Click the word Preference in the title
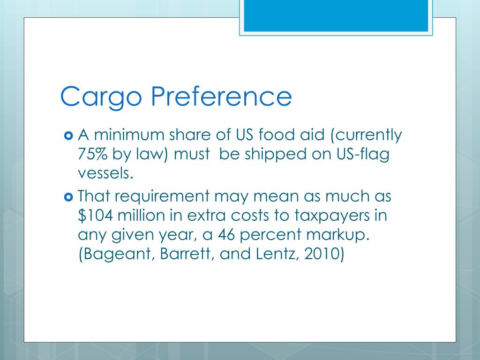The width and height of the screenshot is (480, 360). (x=221, y=97)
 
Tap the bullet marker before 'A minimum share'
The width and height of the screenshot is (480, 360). (x=68, y=136)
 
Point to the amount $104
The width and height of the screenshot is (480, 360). (x=96, y=215)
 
